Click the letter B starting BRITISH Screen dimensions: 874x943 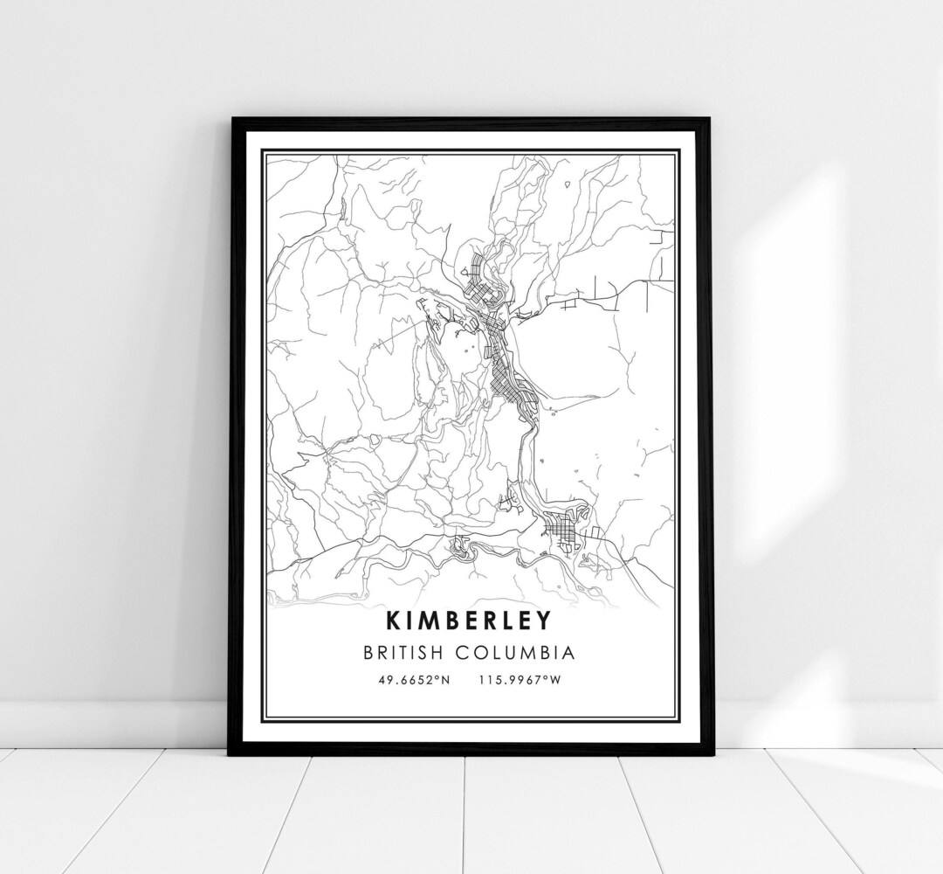[385, 652]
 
